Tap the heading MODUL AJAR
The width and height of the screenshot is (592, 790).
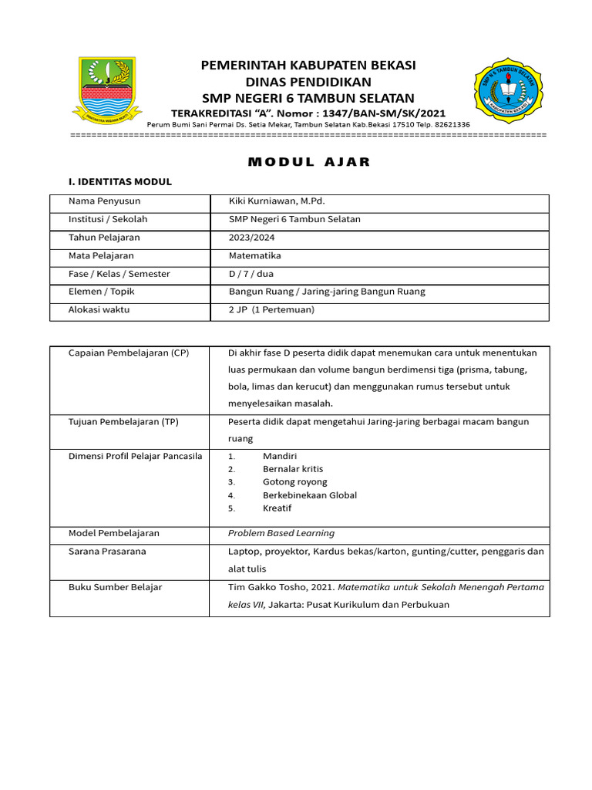(308, 162)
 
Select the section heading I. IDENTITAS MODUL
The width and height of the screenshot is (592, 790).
(120, 182)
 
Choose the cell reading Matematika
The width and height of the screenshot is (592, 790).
(255, 255)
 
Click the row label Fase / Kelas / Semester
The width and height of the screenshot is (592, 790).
(119, 274)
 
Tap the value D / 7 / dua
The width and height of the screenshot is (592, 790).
(251, 274)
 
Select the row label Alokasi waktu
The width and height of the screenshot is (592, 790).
(99, 309)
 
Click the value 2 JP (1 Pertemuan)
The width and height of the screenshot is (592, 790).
(271, 309)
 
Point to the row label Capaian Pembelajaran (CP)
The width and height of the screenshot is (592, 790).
(129, 353)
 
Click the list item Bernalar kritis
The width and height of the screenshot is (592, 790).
(293, 469)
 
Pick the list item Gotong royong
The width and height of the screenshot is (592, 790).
(295, 482)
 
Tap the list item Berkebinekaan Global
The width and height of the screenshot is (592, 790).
(310, 495)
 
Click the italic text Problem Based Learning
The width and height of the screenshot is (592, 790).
(281, 533)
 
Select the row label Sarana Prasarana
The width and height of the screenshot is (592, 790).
(107, 552)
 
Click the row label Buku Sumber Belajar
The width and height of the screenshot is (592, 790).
(116, 587)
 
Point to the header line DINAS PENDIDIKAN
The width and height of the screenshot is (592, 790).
(308, 82)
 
